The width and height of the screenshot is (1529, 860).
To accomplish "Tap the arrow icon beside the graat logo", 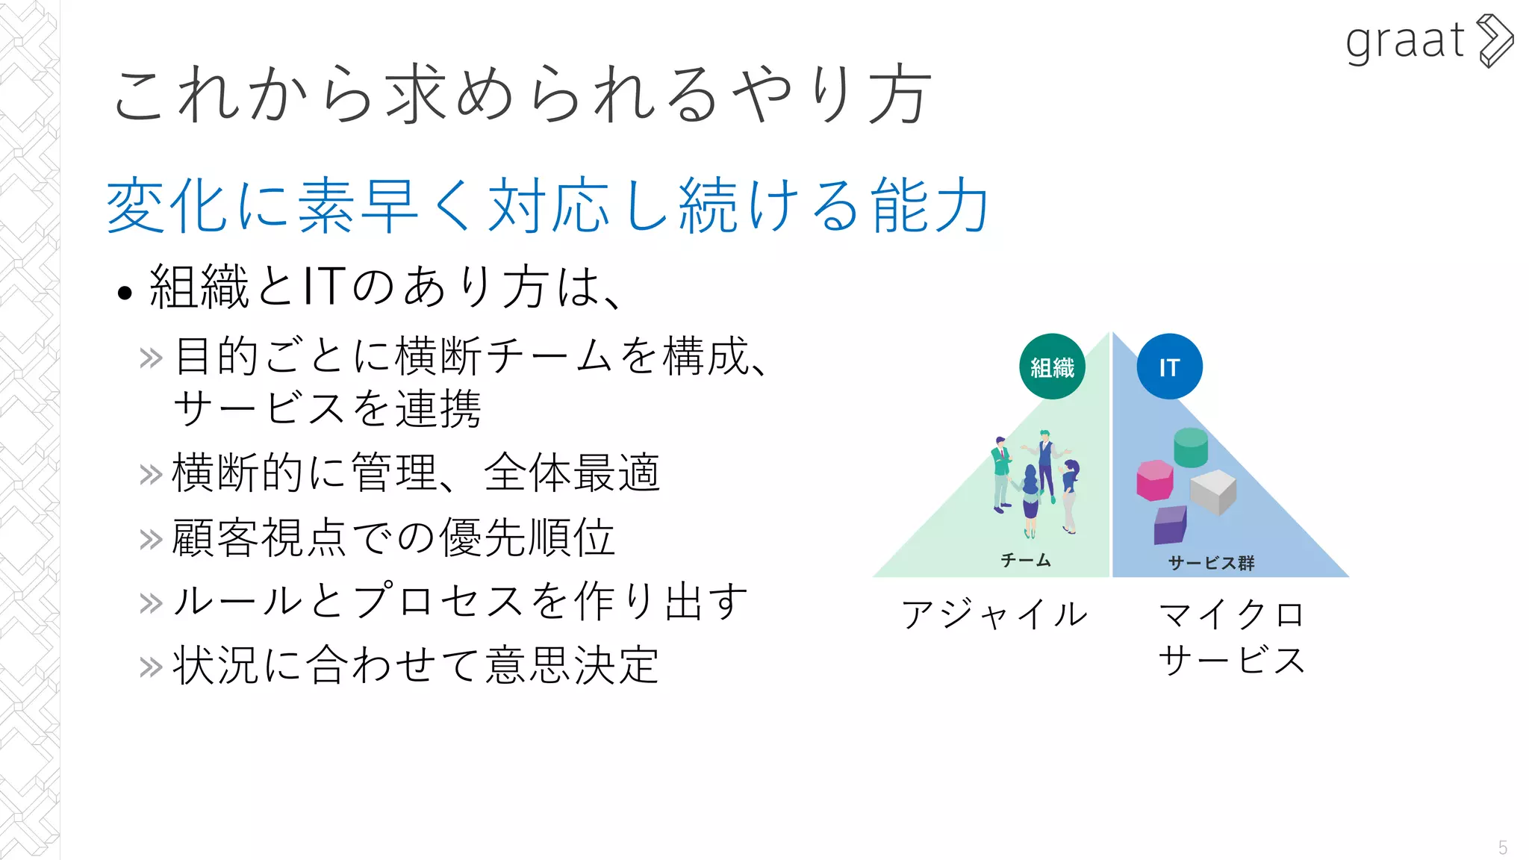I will click(1496, 41).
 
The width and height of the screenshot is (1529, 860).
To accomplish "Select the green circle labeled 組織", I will click(1052, 367).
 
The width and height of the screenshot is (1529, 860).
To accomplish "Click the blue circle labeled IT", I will click(1169, 367).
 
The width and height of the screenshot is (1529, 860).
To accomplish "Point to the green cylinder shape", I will click(1190, 447).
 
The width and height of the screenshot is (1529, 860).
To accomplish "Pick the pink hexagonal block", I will click(1154, 480).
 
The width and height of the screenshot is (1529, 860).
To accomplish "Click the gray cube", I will click(1212, 492).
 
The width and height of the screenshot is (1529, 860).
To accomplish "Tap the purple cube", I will click(1170, 525).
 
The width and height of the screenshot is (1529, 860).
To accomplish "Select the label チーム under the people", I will click(1026, 560).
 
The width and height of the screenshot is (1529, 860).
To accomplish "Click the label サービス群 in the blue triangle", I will click(1211, 563).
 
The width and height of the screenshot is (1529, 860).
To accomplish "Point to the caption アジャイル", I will click(994, 614).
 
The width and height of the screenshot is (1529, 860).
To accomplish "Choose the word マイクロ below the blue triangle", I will click(1231, 614).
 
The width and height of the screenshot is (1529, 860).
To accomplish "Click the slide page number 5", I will click(1502, 847).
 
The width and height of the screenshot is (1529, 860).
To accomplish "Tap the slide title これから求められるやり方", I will click(521, 95).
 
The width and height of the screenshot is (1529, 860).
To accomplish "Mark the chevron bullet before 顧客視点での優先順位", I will click(151, 539).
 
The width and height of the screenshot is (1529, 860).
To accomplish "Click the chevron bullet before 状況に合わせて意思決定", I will click(151, 667).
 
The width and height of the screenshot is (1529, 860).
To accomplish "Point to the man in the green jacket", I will click(1000, 475).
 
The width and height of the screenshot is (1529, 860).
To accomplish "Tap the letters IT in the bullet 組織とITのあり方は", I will click(323, 287).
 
